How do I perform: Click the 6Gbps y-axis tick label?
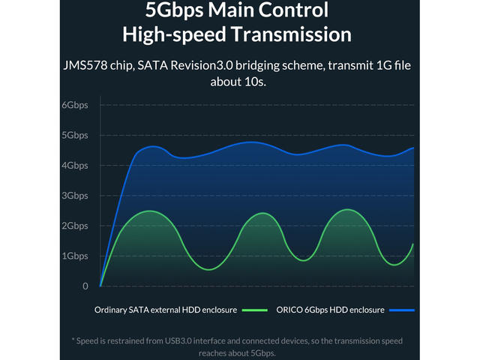(x=74, y=105)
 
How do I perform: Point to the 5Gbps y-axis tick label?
(x=74, y=135)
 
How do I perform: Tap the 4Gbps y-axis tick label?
(x=74, y=166)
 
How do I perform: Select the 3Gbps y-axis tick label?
(x=74, y=196)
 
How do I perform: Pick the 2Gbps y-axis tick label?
(x=74, y=226)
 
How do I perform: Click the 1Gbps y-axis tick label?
(x=74, y=256)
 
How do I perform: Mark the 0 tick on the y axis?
(x=85, y=286)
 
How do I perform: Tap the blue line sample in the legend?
(x=402, y=310)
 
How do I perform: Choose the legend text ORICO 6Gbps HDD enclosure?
(x=331, y=310)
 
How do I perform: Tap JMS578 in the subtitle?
(x=90, y=65)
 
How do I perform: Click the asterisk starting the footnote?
(x=73, y=340)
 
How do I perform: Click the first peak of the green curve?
(x=151, y=211)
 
